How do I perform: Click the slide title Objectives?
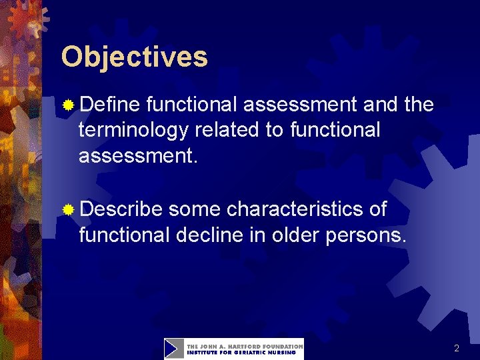134,57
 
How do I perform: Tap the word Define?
110,105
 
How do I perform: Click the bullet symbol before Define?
68,105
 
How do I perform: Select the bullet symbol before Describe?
68,210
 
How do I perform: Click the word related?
227,130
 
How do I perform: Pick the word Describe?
121,209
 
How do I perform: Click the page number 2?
457,348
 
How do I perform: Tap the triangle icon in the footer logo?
174,349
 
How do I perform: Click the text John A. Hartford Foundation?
244,345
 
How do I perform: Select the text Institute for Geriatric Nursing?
241,353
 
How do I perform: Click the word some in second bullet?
195,209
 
